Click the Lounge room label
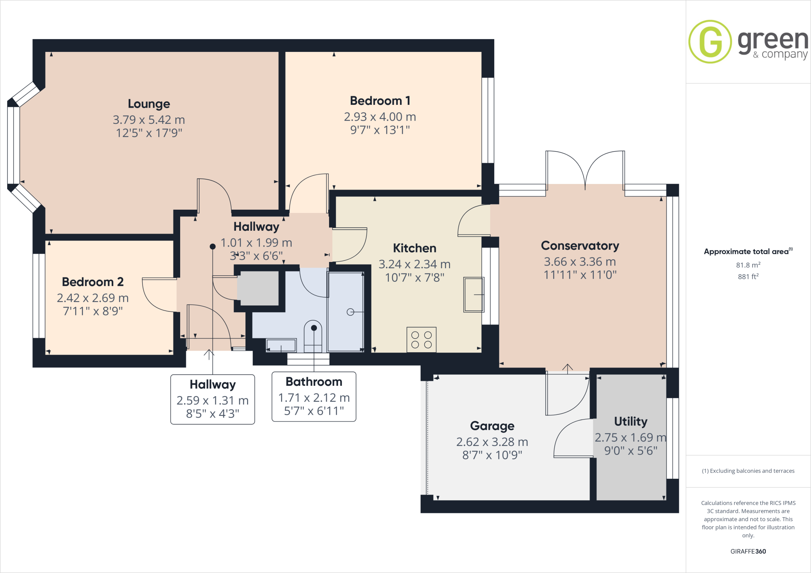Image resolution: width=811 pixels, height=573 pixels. [x=149, y=104]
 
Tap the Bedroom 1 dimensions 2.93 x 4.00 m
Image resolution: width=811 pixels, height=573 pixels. [x=380, y=117]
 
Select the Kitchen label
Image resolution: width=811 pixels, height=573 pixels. [x=415, y=248]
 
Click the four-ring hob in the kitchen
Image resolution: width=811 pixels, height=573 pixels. [x=421, y=340]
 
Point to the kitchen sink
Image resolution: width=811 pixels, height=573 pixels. [x=474, y=294]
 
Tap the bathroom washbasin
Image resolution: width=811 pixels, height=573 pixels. [x=281, y=345]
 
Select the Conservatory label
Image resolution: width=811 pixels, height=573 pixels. [x=580, y=246]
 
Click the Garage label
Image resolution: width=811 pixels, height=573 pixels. [x=492, y=426]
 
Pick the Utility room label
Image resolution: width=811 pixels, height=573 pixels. [x=630, y=421]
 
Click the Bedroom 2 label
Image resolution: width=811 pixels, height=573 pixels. [x=93, y=282]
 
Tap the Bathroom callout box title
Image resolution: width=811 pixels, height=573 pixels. [x=314, y=381]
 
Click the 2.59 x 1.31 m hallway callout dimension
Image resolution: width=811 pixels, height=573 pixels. [x=213, y=400]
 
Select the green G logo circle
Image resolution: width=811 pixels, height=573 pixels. [x=710, y=42]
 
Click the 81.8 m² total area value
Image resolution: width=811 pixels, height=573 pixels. [x=748, y=265]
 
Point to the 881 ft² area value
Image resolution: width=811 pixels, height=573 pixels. [x=748, y=277]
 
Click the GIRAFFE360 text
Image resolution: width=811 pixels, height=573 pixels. [x=748, y=551]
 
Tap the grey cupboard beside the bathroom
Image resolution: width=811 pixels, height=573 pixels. [x=258, y=288]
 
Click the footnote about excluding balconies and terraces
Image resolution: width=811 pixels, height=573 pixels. [x=748, y=471]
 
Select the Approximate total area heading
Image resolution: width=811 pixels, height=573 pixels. [x=747, y=252]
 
